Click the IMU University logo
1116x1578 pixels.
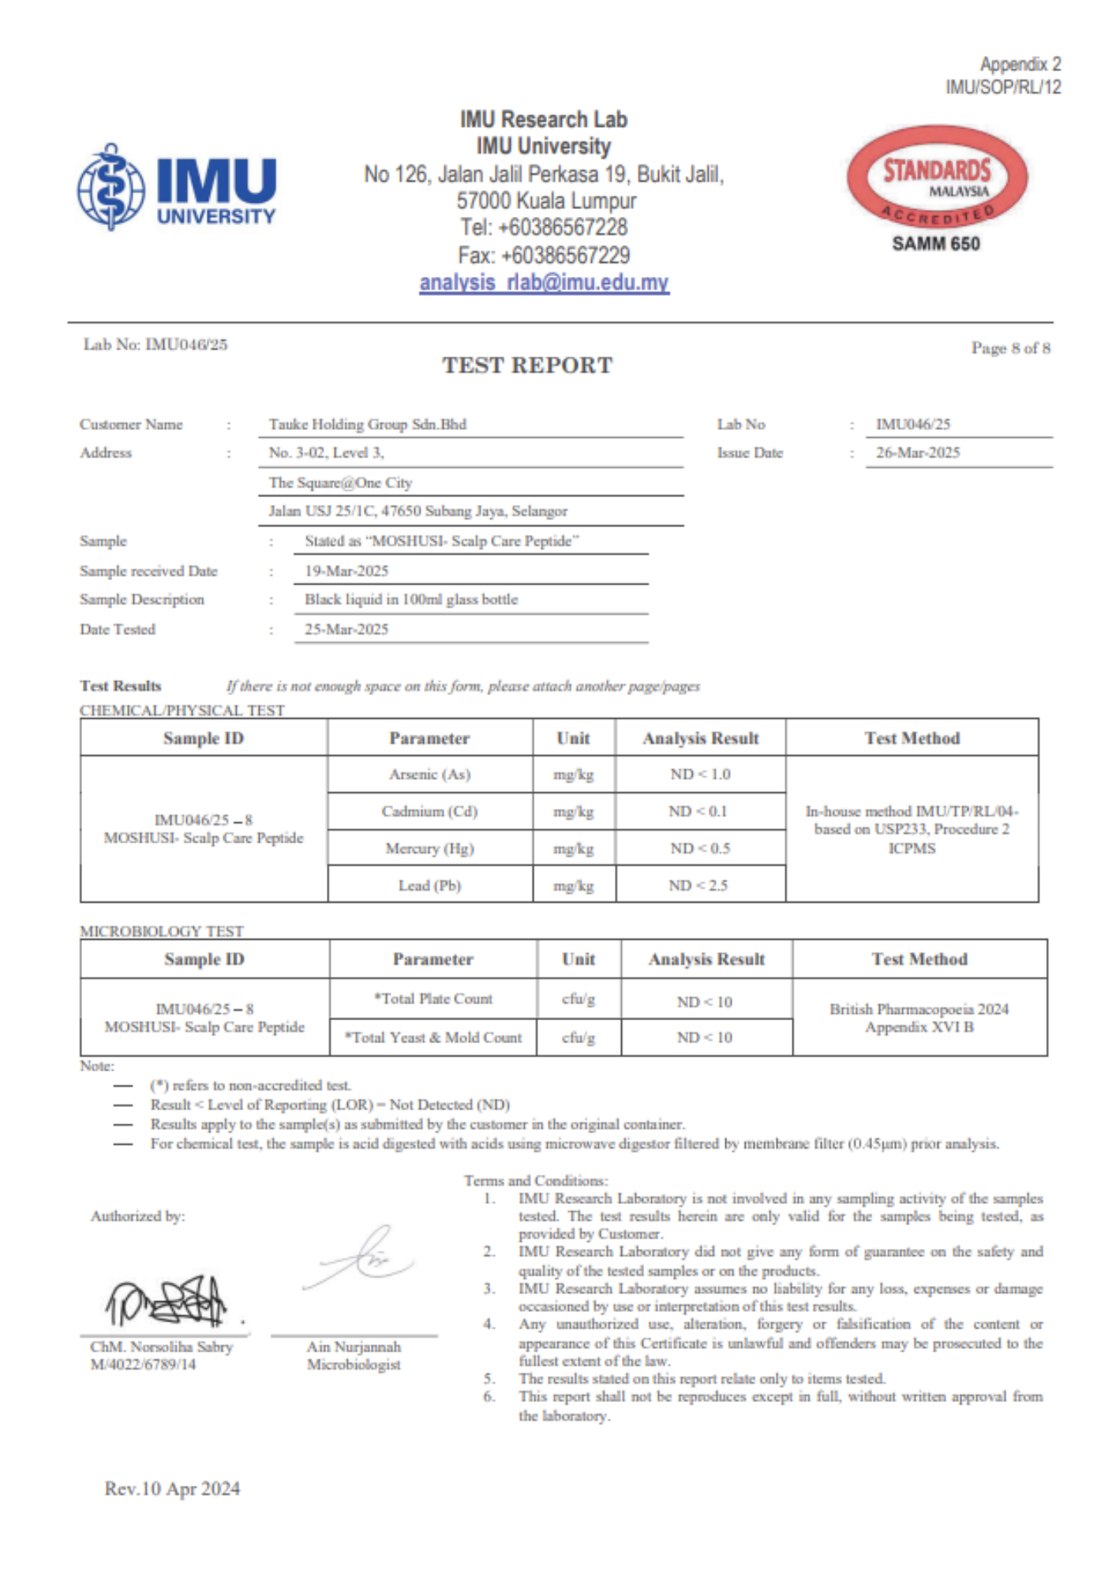coord(177,188)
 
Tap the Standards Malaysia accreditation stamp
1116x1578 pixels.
coord(937,178)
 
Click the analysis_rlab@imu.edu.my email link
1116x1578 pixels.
coord(544,282)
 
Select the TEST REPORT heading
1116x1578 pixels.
coord(527,365)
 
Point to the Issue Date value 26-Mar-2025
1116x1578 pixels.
coord(918,453)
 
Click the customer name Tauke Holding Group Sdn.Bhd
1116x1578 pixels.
coord(368,424)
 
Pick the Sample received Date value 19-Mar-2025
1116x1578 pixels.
coord(346,571)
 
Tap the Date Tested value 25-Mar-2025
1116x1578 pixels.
coord(346,630)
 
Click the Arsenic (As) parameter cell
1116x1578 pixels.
coord(430,775)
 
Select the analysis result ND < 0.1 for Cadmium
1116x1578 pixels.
coord(698,811)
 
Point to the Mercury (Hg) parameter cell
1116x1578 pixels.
coord(430,849)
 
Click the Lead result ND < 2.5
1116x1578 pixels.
coord(698,885)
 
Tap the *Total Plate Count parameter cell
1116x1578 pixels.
coord(433,999)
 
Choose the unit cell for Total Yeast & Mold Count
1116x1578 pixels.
coord(579,1038)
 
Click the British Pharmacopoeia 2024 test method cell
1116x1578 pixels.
coord(919,1018)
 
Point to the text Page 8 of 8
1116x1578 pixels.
coord(1010,348)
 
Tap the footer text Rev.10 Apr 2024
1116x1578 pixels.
coord(172,1489)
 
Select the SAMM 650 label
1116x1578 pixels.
coord(936,244)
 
